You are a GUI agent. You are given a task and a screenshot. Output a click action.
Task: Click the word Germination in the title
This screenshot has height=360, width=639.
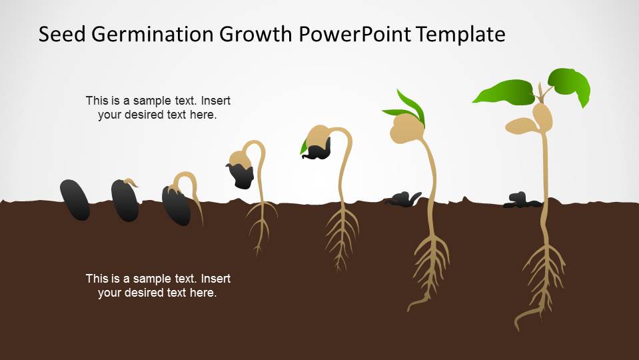pyautogui.click(x=153, y=35)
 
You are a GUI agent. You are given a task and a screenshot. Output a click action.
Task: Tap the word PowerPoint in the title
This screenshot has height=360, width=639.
pyautogui.click(x=355, y=34)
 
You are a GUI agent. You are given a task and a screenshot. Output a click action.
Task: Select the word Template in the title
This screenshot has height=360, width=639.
pyautogui.click(x=460, y=35)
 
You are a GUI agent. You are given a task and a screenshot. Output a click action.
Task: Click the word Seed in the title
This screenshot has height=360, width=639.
pyautogui.click(x=63, y=34)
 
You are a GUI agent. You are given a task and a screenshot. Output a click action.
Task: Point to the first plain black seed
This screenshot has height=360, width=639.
pyautogui.click(x=75, y=200)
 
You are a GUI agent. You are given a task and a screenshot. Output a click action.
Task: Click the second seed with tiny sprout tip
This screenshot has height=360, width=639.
pyautogui.click(x=125, y=200)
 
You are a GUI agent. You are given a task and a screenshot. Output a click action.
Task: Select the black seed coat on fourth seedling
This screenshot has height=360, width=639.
pyautogui.click(x=241, y=176)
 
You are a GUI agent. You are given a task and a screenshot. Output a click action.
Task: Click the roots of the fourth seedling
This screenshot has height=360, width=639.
pyautogui.click(x=261, y=227)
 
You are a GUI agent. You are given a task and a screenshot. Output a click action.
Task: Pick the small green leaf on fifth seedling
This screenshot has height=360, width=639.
pyautogui.click(x=304, y=147)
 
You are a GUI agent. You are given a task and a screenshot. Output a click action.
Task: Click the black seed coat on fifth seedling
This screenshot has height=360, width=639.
pyautogui.click(x=317, y=149)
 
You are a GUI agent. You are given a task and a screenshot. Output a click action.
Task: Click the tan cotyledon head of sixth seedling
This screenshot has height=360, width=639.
pyautogui.click(x=406, y=129)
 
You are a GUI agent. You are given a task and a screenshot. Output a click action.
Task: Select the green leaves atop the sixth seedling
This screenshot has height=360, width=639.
pyautogui.click(x=406, y=107)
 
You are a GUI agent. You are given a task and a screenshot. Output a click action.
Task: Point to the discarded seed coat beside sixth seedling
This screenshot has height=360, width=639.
pyautogui.click(x=402, y=199)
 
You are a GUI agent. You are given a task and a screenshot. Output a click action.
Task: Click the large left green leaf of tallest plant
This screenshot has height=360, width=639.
pyautogui.click(x=504, y=92)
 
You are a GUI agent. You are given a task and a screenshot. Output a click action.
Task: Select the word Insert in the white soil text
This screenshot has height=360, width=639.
pyautogui.click(x=216, y=279)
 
